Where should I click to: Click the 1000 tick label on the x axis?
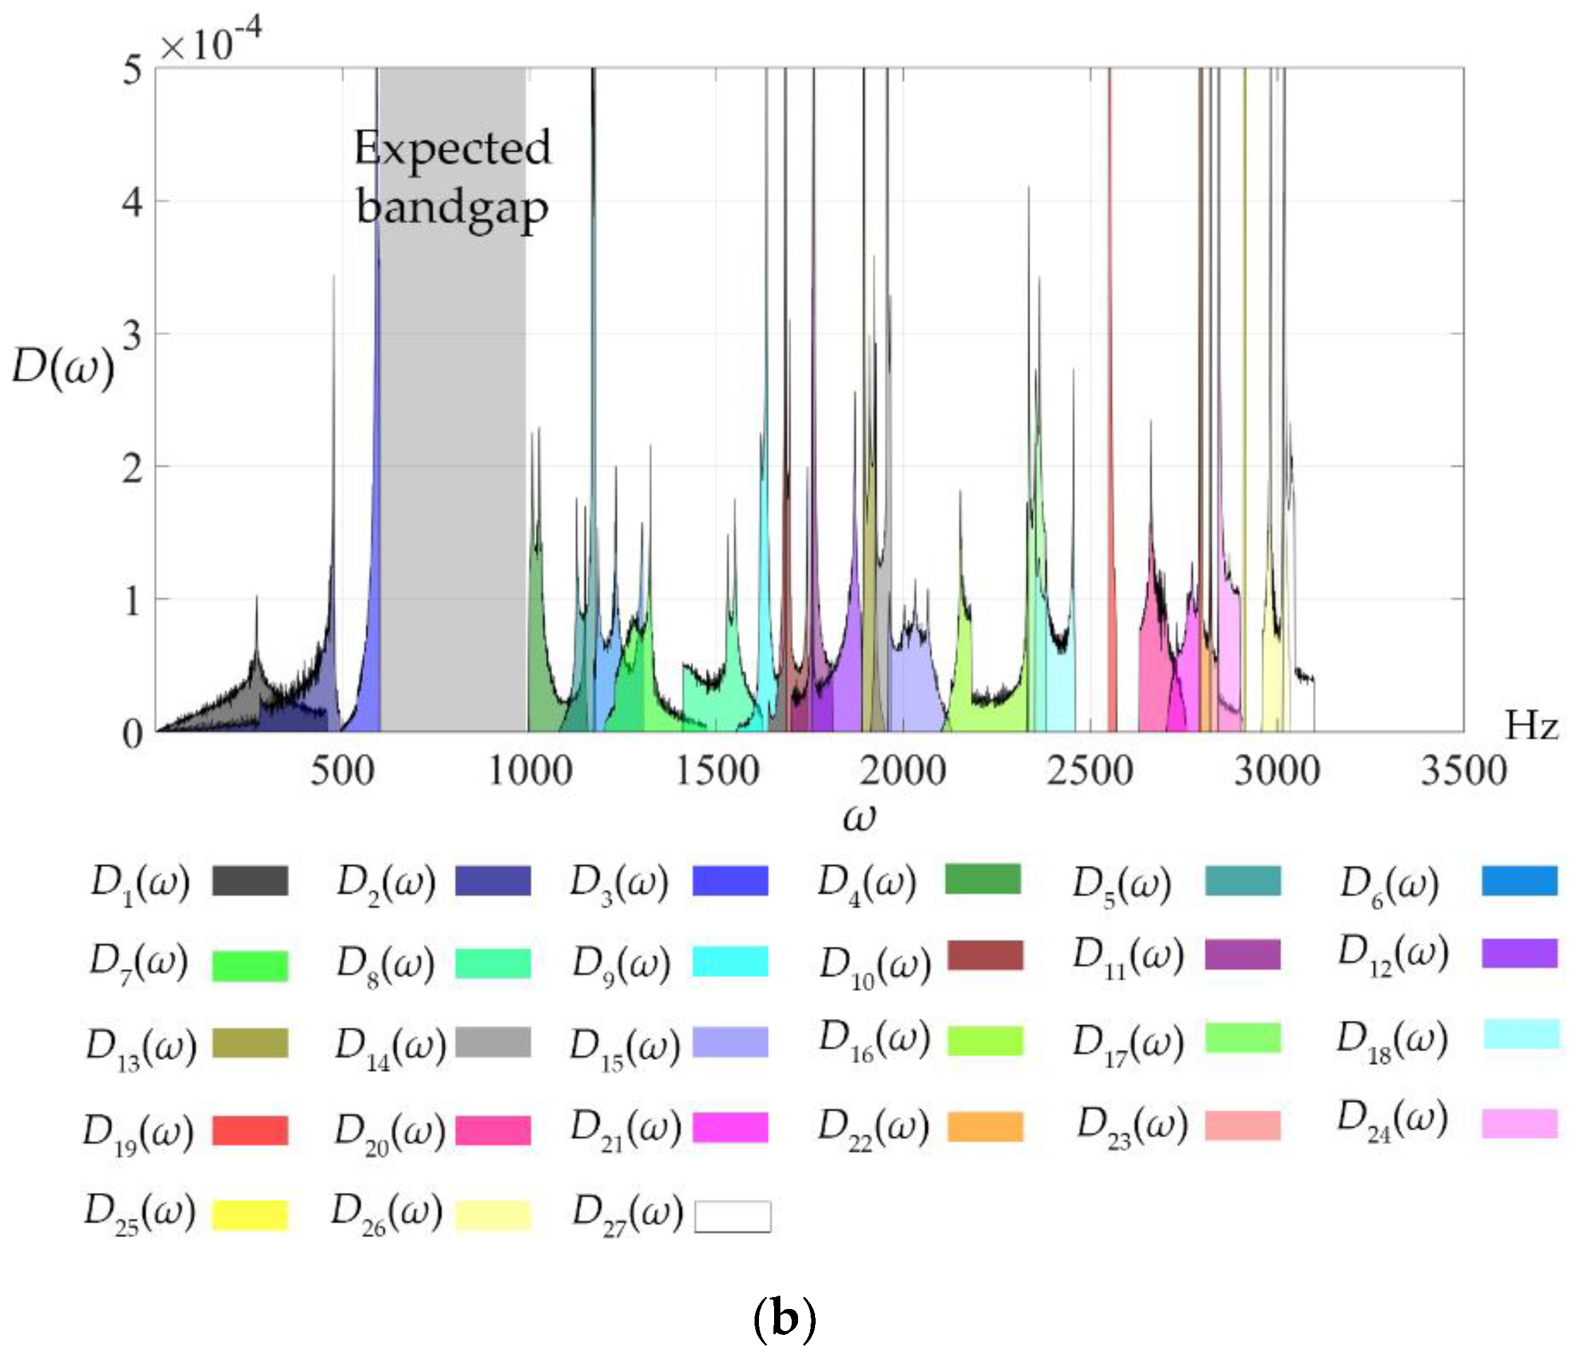(531, 771)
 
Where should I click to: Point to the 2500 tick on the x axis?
(1090, 771)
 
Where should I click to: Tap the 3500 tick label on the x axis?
(1464, 771)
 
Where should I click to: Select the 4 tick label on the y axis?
(132, 203)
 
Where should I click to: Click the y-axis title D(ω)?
(63, 366)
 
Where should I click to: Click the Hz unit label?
(1531, 726)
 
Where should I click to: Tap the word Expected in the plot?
(452, 148)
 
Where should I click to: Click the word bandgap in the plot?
(452, 208)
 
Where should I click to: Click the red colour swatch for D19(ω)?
(250, 1131)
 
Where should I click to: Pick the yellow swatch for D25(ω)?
(250, 1215)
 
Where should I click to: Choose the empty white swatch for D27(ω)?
(732, 1216)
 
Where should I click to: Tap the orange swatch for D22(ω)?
(985, 1127)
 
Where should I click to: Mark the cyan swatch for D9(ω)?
(730, 962)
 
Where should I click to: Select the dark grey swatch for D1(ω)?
(250, 881)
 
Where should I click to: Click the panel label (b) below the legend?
(784, 1318)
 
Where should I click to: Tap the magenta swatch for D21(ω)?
(730, 1127)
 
